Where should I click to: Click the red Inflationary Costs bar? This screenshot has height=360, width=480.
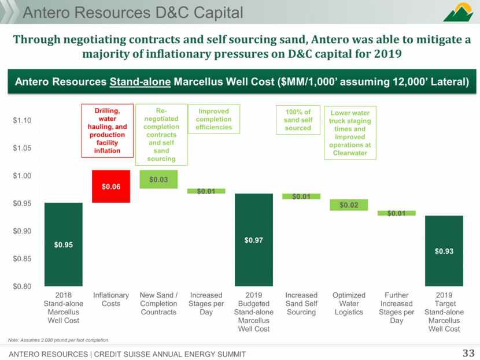(111, 186)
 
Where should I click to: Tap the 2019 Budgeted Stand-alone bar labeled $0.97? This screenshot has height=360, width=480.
(253, 239)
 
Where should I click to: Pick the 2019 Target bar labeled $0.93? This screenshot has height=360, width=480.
(444, 250)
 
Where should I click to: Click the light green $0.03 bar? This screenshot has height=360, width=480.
(158, 179)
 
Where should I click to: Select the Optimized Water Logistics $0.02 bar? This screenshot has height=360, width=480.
(349, 205)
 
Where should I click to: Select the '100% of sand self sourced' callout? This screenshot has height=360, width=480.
(298, 118)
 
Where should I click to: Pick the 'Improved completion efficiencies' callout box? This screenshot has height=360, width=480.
(213, 118)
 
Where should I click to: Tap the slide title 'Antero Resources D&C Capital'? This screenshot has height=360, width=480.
(124, 12)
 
